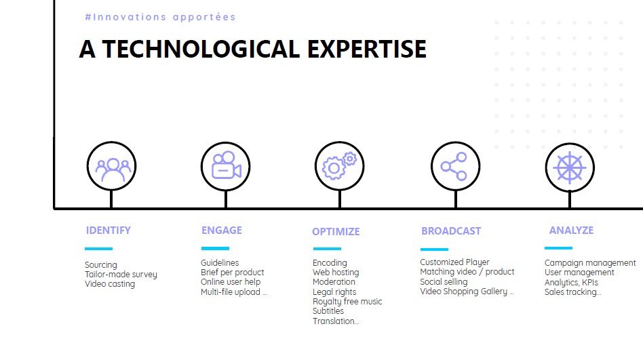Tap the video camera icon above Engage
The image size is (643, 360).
[x=226, y=165]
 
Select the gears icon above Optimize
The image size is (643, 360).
[x=340, y=165]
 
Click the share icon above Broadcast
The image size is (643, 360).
[x=454, y=167]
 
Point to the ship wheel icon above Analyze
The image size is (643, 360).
[x=570, y=167]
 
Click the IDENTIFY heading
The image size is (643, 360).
[x=109, y=231]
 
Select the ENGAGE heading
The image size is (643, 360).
[x=221, y=231]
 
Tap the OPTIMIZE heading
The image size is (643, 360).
[x=336, y=232]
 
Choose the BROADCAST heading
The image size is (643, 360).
[x=451, y=231]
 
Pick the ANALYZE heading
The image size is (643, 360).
[x=571, y=231]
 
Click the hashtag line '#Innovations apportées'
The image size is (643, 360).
[x=160, y=17]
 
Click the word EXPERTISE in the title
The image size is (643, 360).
[x=367, y=49]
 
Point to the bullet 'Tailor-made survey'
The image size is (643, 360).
[x=121, y=275]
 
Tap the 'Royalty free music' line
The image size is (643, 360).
[x=347, y=302]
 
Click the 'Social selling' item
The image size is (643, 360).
[x=444, y=281]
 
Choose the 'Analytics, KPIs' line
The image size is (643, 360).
[x=571, y=283]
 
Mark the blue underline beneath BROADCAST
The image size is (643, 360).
[x=434, y=249]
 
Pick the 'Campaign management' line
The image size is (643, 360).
[x=590, y=263]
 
